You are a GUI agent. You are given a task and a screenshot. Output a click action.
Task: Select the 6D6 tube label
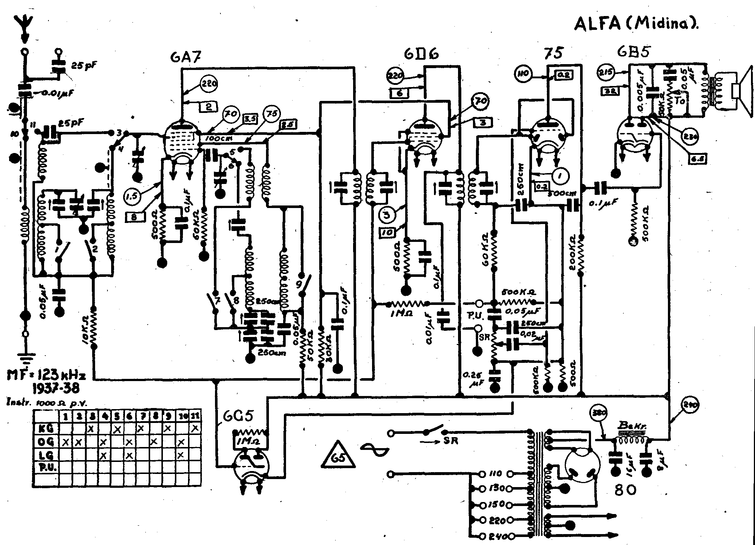coord(421,54)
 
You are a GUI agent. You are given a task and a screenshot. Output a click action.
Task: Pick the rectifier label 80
coord(625,490)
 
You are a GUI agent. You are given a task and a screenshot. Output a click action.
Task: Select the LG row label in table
coord(46,455)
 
